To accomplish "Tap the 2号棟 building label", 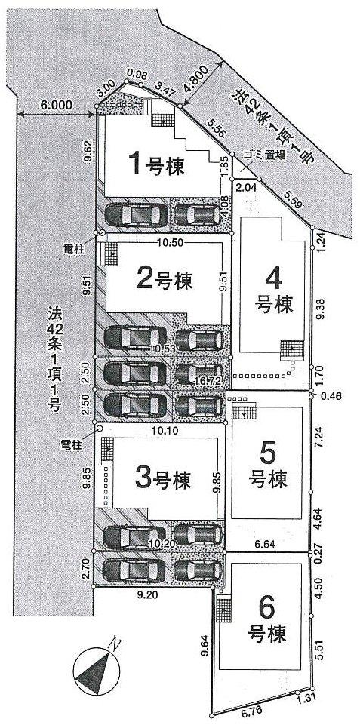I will pos(165,280).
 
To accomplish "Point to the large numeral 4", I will pos(273,278).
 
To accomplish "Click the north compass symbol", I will pos(97,667).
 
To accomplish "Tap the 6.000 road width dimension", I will pos(57,106).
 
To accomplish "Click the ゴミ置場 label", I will pos(264,154).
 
